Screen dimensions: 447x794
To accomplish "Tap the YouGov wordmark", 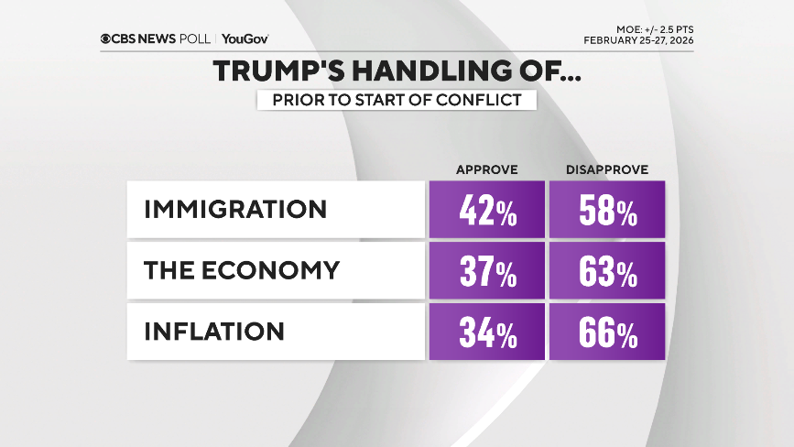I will tap(245, 38).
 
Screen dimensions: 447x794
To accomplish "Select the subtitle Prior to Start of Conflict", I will tap(397, 100).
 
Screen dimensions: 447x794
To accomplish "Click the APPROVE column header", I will tap(487, 169).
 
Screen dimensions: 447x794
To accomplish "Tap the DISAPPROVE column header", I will tap(606, 169).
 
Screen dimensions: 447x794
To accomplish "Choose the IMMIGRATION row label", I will tap(235, 209).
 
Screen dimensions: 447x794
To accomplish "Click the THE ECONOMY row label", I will tap(242, 270).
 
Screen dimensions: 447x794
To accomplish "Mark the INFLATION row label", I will tap(214, 331).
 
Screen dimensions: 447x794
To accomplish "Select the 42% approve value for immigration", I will tap(486, 210).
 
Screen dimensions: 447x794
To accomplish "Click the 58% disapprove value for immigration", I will tap(606, 210).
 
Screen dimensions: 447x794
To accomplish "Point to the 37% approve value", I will tap(486, 270).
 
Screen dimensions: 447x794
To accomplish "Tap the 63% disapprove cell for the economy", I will tap(606, 270).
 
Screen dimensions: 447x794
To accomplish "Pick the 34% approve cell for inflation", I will tap(486, 332).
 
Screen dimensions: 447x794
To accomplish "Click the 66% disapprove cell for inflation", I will tap(606, 332).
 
